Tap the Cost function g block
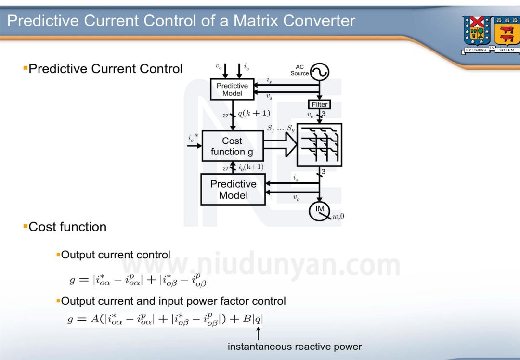(x=233, y=146)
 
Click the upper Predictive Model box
(x=232, y=90)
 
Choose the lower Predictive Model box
(x=233, y=190)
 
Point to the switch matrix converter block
(x=320, y=144)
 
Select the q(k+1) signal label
(x=254, y=113)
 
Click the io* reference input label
(x=193, y=137)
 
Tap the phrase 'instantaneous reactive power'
(x=294, y=346)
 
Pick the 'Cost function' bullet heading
(x=67, y=227)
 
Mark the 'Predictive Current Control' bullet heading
(x=105, y=69)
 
